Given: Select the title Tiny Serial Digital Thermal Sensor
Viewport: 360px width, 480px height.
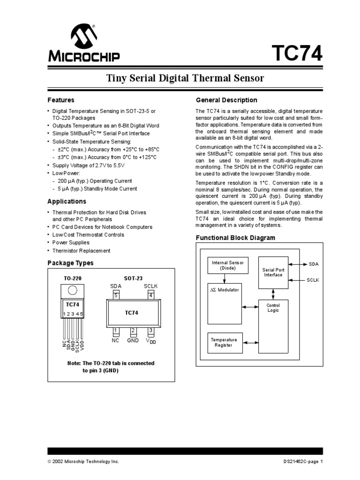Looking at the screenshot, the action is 186,78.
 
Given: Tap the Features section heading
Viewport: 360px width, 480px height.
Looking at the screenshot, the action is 61,100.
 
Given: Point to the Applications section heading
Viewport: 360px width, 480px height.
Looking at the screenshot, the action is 67,202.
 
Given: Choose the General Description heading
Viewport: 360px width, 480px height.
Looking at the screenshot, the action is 226,100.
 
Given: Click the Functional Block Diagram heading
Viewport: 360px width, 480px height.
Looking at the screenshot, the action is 235,238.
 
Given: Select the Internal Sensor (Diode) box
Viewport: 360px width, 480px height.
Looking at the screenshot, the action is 228,266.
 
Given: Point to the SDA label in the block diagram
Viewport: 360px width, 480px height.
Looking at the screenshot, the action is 314,264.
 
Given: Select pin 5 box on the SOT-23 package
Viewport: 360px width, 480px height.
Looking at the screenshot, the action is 116,296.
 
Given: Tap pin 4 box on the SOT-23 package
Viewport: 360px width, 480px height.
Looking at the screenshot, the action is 151,296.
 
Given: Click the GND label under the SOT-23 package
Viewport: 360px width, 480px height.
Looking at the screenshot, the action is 133,341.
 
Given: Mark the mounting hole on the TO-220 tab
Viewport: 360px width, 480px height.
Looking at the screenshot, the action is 73,290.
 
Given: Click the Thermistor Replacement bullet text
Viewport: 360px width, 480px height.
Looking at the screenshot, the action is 81,251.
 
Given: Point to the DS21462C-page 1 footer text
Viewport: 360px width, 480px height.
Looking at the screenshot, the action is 300,462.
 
